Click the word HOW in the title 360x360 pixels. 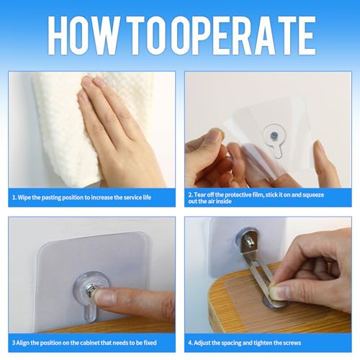84,35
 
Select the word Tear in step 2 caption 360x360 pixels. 201,194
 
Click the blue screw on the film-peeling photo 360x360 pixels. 274,136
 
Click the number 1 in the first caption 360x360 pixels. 14,197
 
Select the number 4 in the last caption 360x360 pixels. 190,343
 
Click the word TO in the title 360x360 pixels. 148,35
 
